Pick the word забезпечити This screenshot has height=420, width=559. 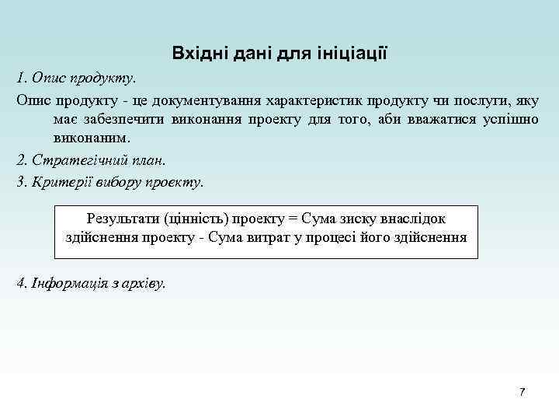coord(120,119)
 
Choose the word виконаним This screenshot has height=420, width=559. coord(92,138)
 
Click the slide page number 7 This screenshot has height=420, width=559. coord(522,391)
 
